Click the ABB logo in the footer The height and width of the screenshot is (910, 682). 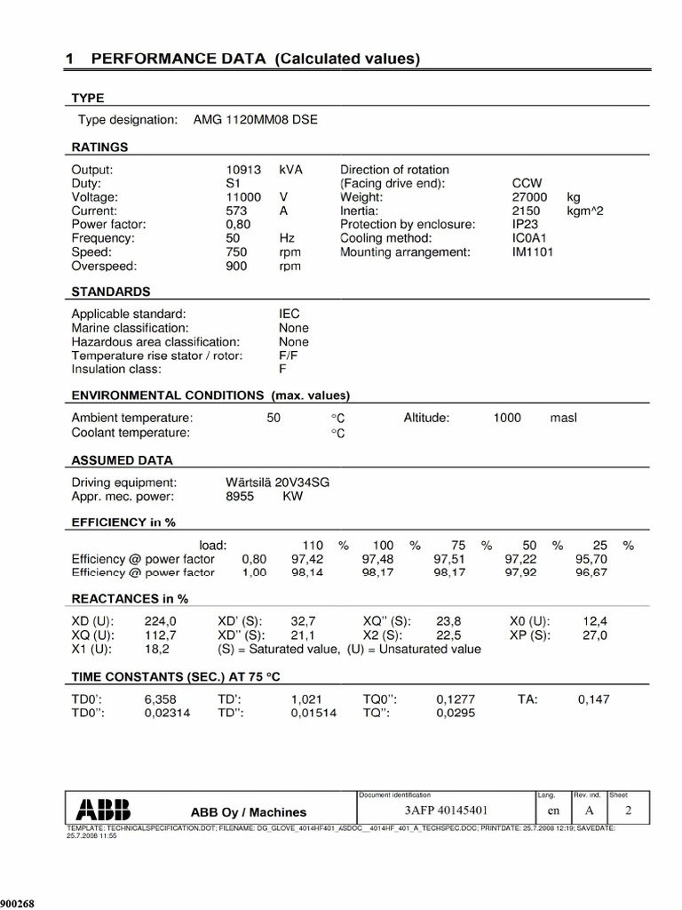tap(103, 810)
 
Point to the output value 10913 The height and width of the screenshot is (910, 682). tap(243, 169)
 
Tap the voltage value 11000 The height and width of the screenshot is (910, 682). tap(243, 196)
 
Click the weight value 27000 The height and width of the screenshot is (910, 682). tap(529, 196)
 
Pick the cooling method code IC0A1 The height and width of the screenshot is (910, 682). tap(531, 238)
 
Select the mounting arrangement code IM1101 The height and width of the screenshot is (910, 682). tap(533, 252)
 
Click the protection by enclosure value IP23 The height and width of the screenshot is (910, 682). tap(526, 224)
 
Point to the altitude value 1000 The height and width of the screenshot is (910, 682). tap(507, 418)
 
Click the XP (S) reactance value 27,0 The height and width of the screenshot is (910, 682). tap(594, 635)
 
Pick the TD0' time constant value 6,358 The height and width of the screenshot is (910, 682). tap(161, 699)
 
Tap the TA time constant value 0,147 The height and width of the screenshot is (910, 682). tap(593, 699)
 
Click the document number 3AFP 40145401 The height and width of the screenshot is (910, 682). tap(445, 810)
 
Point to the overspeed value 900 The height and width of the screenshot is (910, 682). tap(238, 266)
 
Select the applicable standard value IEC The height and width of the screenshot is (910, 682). tap(289, 314)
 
